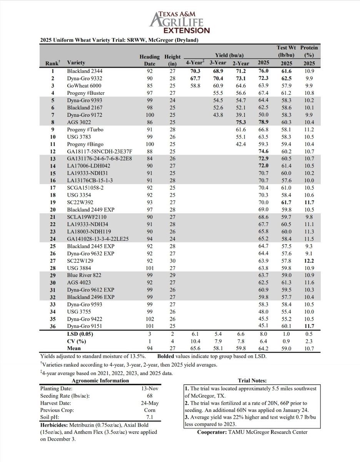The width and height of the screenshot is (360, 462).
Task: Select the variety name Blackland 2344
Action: pos(85,71)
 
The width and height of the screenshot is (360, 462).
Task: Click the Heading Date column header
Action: pos(149,60)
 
